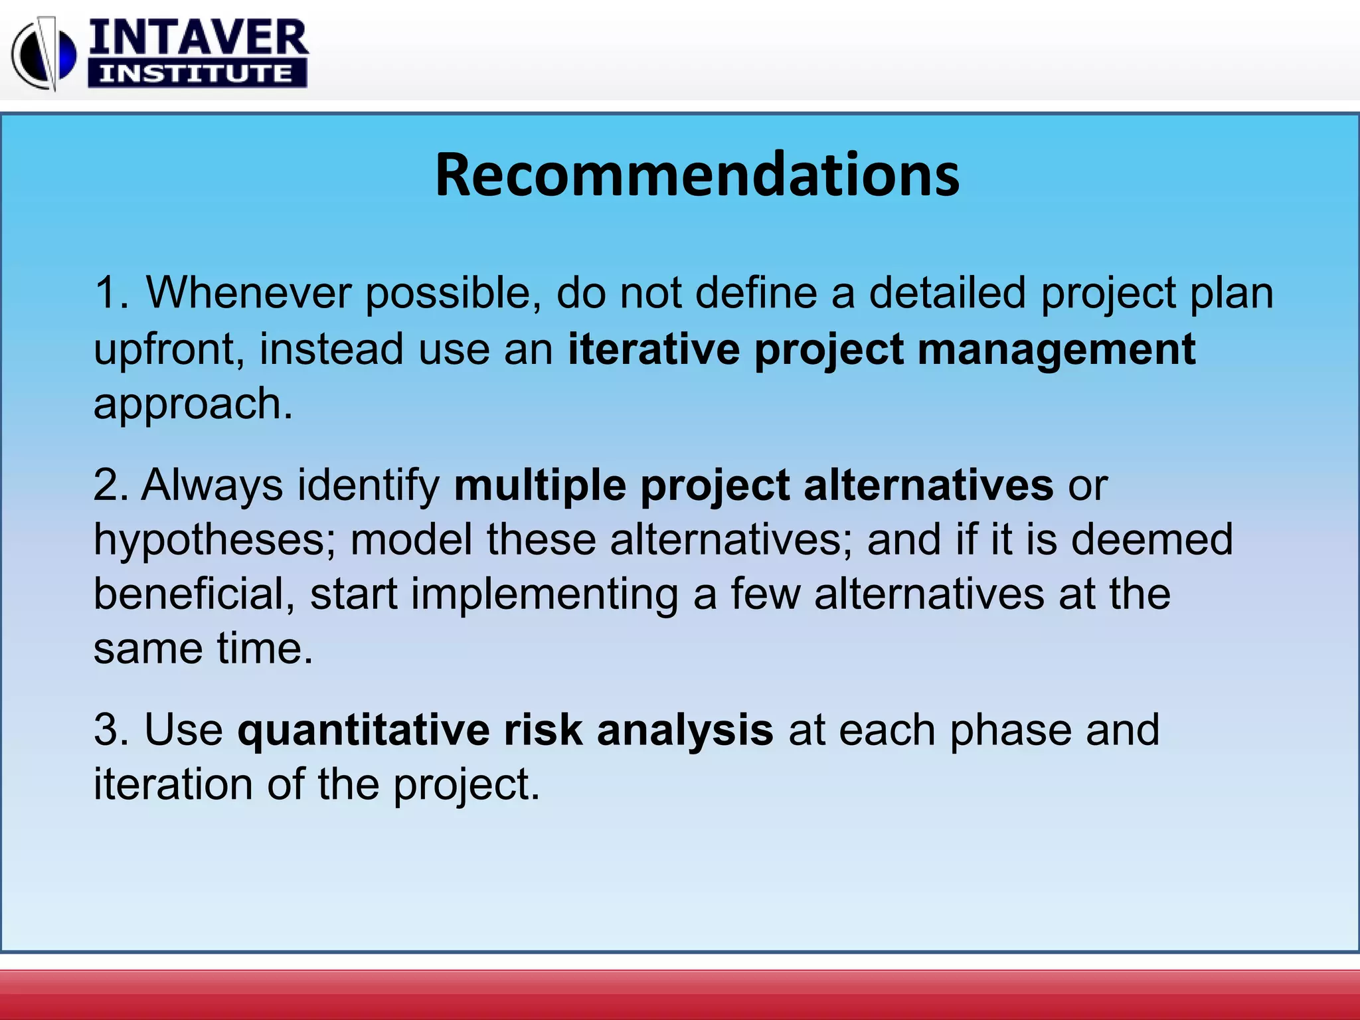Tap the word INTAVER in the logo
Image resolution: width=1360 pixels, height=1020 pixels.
[x=198, y=39]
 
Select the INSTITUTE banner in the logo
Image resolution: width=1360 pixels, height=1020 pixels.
[x=197, y=73]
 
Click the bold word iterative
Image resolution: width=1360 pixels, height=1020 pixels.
[x=653, y=349]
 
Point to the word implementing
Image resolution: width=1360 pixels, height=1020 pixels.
[x=545, y=594]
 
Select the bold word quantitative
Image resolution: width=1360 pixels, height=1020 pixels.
[x=363, y=729]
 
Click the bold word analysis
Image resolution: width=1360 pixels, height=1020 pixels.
[x=685, y=729]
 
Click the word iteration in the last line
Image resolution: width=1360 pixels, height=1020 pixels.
[x=172, y=784]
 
